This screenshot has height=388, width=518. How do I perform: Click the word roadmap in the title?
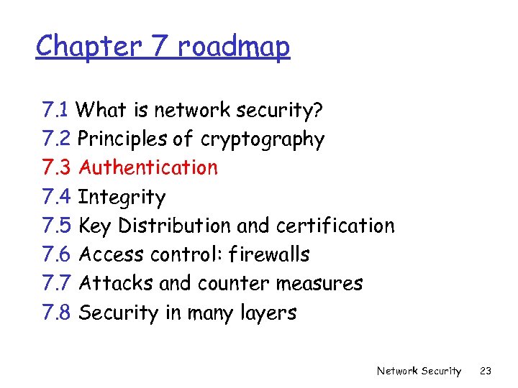click(233, 47)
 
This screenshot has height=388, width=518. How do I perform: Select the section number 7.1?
click(55, 110)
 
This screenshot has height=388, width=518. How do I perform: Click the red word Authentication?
click(148, 167)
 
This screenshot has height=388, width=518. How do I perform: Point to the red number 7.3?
click(57, 167)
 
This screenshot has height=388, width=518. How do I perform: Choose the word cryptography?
click(263, 139)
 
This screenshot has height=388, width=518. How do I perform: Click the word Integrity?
click(122, 197)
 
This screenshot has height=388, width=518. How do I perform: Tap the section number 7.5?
click(57, 226)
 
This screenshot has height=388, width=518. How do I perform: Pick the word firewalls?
click(268, 254)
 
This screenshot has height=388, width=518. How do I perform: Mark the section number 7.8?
click(57, 313)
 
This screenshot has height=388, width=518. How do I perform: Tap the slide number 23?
click(486, 371)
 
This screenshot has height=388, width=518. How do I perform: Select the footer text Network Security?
click(419, 371)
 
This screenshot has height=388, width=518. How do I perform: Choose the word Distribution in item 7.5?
click(174, 226)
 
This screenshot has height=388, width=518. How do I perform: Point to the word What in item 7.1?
click(100, 110)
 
